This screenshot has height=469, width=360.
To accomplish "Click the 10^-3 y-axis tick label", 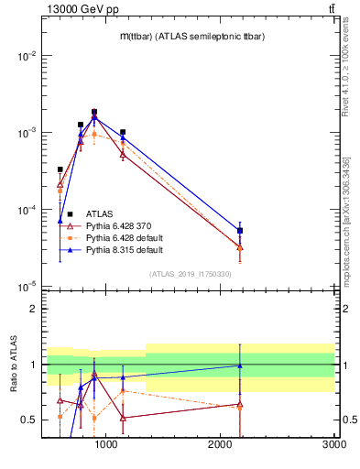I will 27,133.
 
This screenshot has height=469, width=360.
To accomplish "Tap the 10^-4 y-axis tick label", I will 27,210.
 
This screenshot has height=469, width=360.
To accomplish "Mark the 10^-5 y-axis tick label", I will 27,287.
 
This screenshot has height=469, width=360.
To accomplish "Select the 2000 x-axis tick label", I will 220,446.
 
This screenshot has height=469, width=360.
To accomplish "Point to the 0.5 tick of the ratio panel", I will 28,420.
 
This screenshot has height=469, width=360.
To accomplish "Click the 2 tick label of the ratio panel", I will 33,309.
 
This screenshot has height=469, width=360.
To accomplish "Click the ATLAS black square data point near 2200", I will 240,231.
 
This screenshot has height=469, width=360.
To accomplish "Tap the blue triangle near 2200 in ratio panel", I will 240,365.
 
